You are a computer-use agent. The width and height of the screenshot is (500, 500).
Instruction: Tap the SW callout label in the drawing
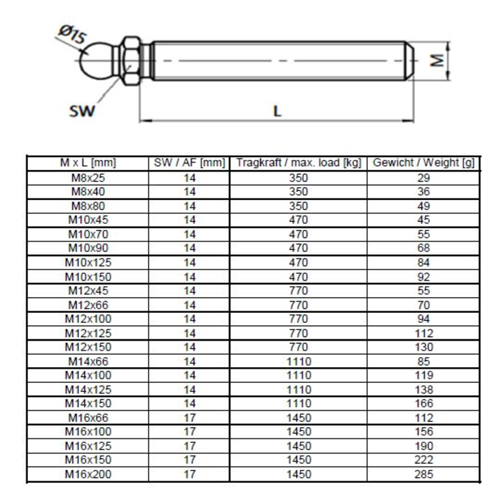point(82,111)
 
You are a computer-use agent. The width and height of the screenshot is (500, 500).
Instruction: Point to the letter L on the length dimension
point(277,111)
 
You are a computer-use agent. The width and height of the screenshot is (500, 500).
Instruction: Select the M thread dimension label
point(437,60)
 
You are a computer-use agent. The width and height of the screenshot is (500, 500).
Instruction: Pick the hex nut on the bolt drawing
point(131,61)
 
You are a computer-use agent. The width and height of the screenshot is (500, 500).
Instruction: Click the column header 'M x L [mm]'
point(88,163)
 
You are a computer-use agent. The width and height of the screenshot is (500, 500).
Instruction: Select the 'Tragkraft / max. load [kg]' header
point(299,163)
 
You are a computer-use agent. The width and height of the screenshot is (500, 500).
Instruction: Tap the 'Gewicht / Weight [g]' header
point(424,163)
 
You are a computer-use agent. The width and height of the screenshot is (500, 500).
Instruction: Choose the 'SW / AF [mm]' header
point(189,163)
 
